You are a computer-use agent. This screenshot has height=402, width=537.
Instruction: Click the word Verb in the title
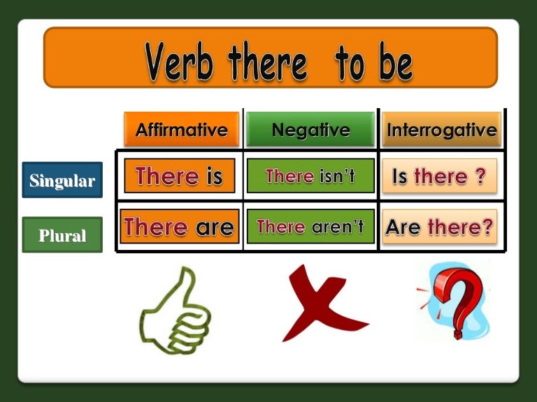[x=180, y=61]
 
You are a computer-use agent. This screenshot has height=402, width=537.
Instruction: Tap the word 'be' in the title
[x=396, y=61]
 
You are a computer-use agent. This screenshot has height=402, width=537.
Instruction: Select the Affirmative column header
[x=182, y=130]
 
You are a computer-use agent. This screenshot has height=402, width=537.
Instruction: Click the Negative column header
[x=310, y=130]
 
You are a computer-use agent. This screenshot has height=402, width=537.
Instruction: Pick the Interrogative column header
[x=441, y=130]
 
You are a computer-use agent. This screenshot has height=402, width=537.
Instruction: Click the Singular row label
[x=62, y=180]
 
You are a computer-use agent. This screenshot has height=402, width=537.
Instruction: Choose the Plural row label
[x=62, y=234]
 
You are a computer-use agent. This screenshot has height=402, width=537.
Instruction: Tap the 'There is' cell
[x=180, y=176]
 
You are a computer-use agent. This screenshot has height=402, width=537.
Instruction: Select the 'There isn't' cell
[x=310, y=176]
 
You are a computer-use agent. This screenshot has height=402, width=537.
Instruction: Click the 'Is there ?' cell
[x=439, y=176]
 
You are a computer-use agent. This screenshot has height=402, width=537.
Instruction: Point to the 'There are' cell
[x=180, y=226]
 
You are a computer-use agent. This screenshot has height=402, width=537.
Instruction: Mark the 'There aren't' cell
[x=310, y=226]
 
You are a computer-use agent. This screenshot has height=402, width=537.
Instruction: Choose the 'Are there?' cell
[x=439, y=226]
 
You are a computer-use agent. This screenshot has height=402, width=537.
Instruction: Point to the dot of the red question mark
[x=458, y=334]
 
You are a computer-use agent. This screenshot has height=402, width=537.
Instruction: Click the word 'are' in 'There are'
[x=215, y=228]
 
